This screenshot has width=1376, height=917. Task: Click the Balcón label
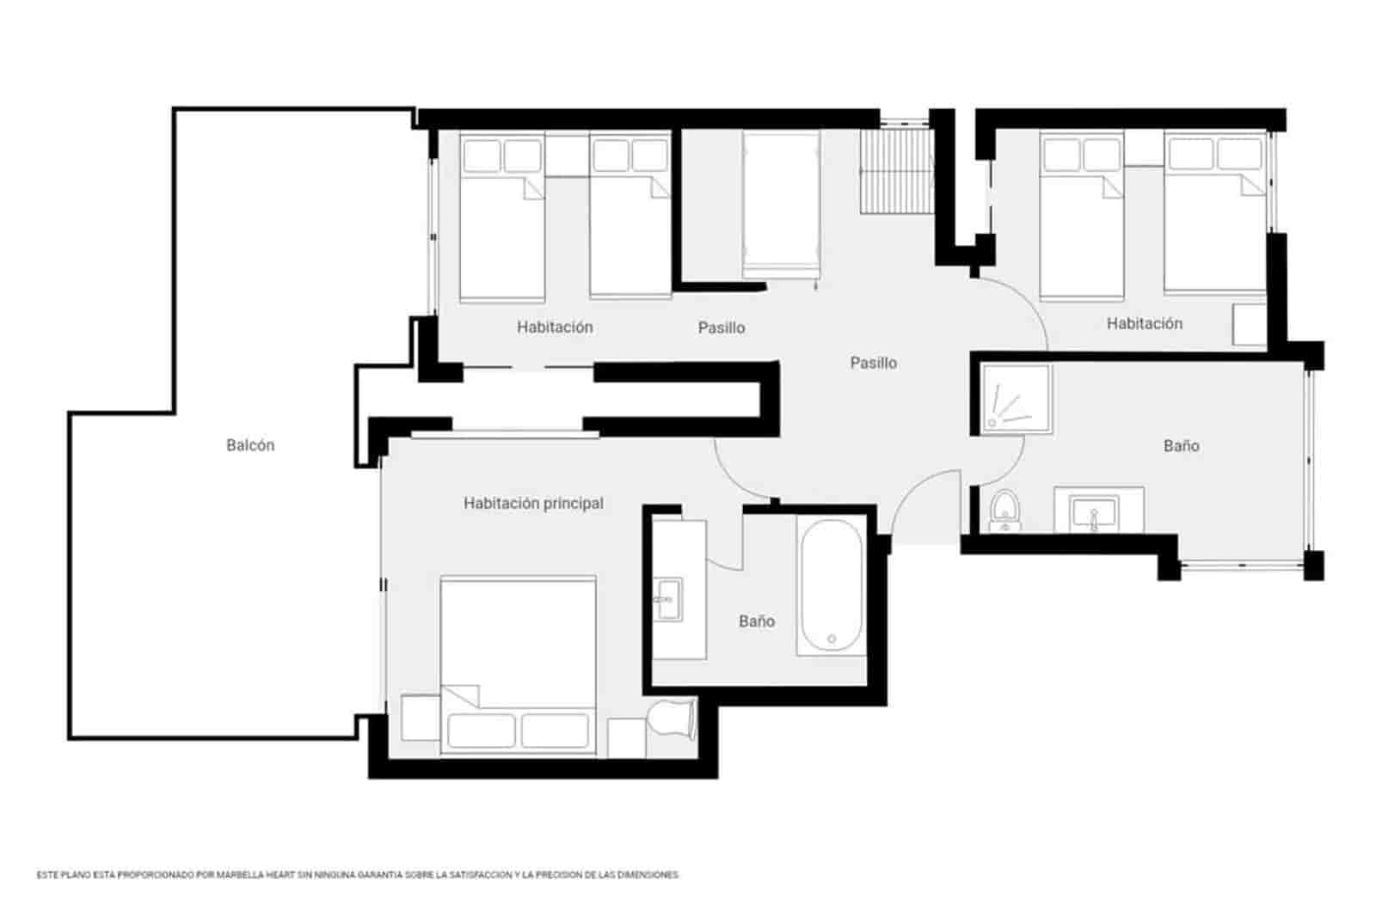point(250,445)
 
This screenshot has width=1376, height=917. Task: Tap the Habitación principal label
point(533,504)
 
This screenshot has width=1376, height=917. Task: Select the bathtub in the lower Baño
point(830,585)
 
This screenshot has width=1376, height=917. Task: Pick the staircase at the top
point(896,171)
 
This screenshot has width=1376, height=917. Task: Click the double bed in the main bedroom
point(518,662)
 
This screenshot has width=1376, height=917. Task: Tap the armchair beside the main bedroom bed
point(672,720)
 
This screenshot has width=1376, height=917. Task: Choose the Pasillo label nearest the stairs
point(873,363)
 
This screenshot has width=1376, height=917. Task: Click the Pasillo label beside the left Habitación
point(722,327)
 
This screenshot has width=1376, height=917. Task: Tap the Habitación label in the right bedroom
point(1144,324)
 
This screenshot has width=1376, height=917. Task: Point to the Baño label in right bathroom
point(1181,446)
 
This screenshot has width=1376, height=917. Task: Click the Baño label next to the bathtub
point(757,621)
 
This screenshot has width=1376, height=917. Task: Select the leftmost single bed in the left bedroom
point(502,219)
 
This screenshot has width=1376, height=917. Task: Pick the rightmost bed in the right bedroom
point(1214,215)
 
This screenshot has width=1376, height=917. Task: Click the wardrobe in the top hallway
point(780,203)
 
